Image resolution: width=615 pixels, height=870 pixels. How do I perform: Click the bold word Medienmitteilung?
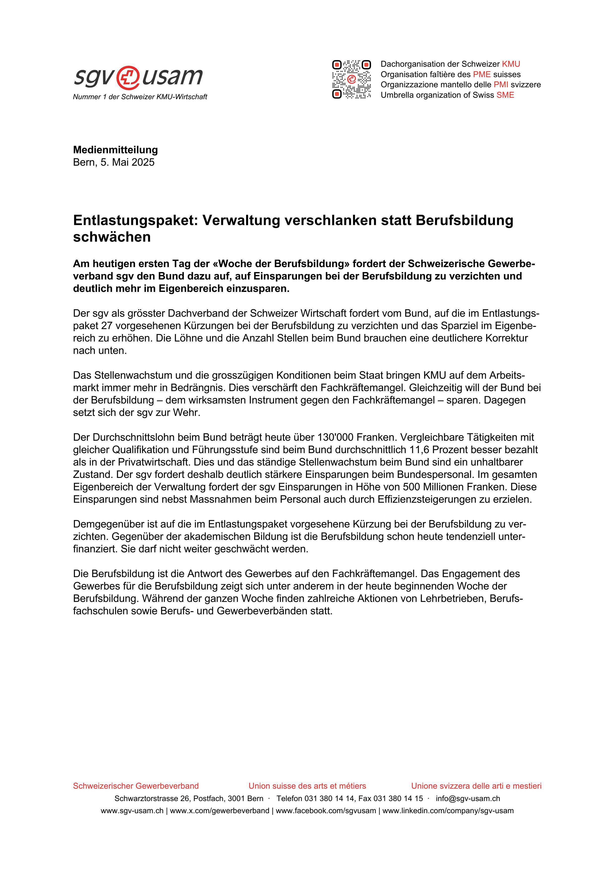115,150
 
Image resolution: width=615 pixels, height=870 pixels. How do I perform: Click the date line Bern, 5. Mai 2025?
114,162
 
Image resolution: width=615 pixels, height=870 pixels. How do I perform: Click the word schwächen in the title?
112,237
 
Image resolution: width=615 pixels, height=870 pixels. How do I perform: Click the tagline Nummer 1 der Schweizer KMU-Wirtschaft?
140,97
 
